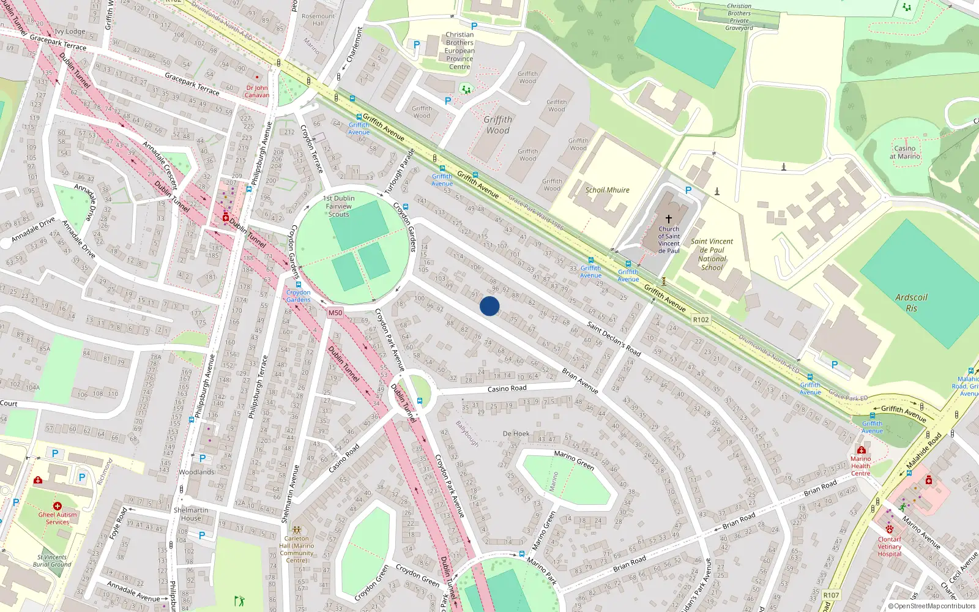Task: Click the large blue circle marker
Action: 489,306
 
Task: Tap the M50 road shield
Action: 335,313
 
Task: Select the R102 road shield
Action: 701,319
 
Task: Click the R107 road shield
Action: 831,595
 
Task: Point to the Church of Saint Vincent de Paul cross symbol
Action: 669,218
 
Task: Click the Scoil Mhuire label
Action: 607,190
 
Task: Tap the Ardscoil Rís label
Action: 911,302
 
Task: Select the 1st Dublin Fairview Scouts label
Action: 339,206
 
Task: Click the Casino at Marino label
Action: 905,152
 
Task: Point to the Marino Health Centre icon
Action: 861,450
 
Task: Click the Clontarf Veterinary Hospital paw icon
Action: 889,529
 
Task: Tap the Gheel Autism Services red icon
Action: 58,506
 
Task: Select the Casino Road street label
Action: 507,389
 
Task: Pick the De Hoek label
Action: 516,433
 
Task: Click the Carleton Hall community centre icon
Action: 297,530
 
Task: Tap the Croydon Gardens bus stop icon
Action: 299,285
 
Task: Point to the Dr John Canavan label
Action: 257,91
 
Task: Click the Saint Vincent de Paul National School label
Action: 712,254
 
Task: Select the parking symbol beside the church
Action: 688,190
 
